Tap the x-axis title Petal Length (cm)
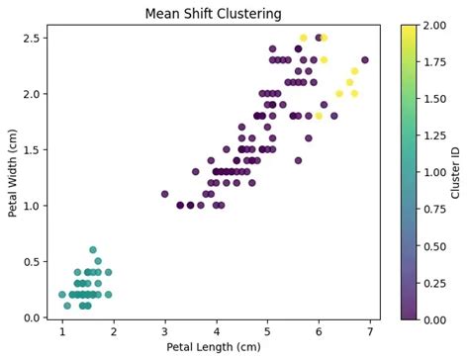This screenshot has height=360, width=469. click(x=213, y=347)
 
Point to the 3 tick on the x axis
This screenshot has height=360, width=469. click(x=164, y=328)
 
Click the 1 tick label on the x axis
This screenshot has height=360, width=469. click(x=61, y=328)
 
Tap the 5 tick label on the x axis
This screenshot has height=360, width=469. click(x=267, y=328)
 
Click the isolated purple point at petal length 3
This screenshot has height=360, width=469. click(x=164, y=194)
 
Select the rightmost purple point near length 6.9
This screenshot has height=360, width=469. click(x=365, y=60)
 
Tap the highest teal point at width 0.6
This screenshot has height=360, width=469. click(x=93, y=250)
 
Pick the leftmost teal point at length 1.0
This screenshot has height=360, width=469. click(x=61, y=295)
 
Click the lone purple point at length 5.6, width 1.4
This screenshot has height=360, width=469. click(x=298, y=160)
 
